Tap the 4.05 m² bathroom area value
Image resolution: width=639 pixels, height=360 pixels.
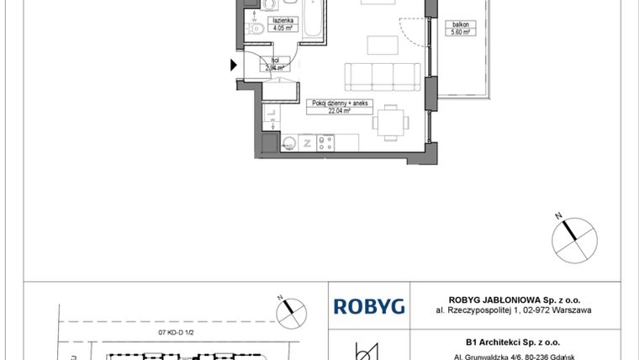pyautogui.click(x=281, y=27)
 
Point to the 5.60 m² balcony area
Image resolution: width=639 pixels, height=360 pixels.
pyautogui.click(x=461, y=32)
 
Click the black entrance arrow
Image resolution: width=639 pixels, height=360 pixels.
pyautogui.click(x=234, y=64)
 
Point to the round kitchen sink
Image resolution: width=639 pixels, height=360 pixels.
pyautogui.click(x=288, y=144)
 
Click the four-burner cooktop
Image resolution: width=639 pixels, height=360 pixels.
pyautogui.click(x=327, y=143)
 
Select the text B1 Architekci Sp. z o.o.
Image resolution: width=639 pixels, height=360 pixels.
pyautogui.click(x=512, y=341)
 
